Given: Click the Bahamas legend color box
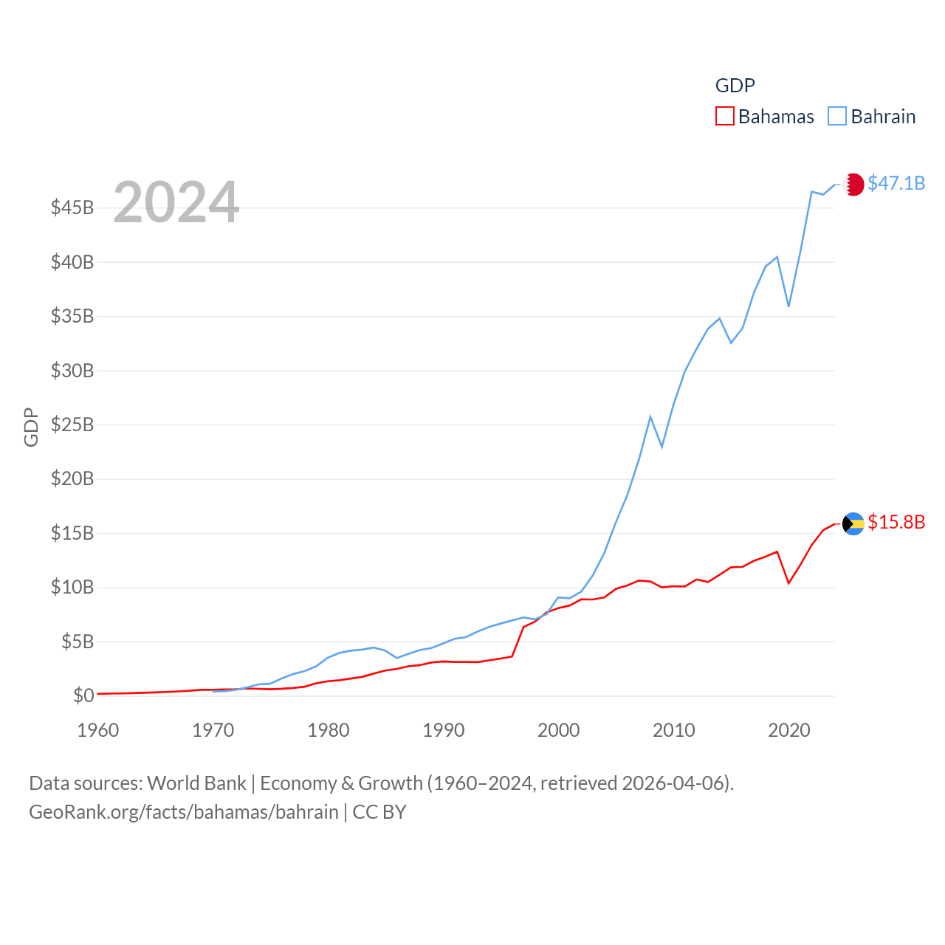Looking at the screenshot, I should (725, 117).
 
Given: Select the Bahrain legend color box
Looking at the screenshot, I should (837, 117).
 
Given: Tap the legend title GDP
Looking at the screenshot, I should (735, 86).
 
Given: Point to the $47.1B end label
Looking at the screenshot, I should (896, 183).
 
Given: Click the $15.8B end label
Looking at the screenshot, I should (896, 522).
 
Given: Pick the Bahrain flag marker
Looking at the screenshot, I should (853, 185).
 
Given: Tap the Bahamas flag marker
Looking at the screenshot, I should (853, 523).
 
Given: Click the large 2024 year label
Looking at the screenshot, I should (176, 202).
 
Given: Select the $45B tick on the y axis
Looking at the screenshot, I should (72, 207).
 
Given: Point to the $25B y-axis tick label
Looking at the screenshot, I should (72, 425).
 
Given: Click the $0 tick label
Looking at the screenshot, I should (83, 695).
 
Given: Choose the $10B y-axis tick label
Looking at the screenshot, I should (72, 587).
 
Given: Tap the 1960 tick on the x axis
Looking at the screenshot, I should (98, 730).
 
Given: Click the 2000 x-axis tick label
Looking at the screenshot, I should (559, 730).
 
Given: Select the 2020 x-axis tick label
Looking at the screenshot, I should (789, 730).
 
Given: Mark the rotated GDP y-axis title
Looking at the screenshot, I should (31, 427).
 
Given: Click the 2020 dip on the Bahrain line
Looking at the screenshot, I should (788, 306).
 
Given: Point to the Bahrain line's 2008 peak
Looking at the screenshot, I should (650, 417).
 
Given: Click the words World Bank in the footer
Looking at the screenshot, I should (196, 783).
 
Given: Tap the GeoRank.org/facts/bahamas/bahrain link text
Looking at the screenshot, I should (184, 812).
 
